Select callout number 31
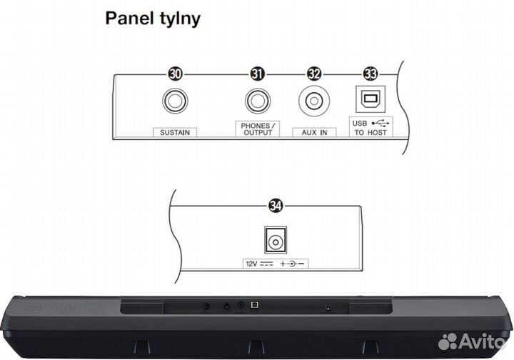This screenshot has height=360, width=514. [258, 73]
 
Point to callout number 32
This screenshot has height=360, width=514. [313, 73]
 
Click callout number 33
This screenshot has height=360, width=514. [371, 73]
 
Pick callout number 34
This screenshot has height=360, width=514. [274, 206]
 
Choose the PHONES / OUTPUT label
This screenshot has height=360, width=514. [258, 129]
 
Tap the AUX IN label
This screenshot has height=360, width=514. [313, 133]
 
